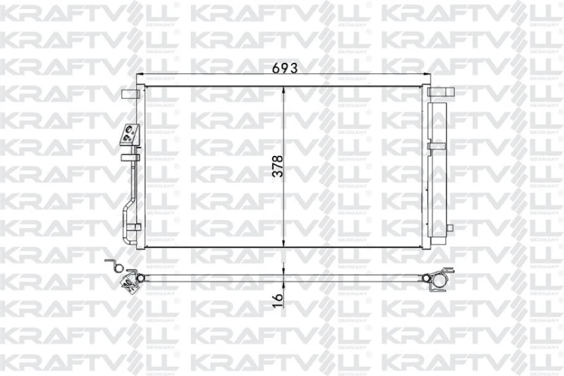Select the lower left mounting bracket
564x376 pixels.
[x=133, y=228]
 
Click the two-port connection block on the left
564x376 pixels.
[x=128, y=134]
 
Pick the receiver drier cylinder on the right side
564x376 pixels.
[x=435, y=170]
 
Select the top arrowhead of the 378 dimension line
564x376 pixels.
[x=283, y=88]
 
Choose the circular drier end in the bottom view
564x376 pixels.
[x=435, y=280]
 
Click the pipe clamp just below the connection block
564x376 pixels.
[x=131, y=156]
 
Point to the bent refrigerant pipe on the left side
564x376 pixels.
[x=128, y=197]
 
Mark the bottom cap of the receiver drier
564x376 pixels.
[x=435, y=240]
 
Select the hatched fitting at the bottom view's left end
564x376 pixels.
[x=128, y=282]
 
